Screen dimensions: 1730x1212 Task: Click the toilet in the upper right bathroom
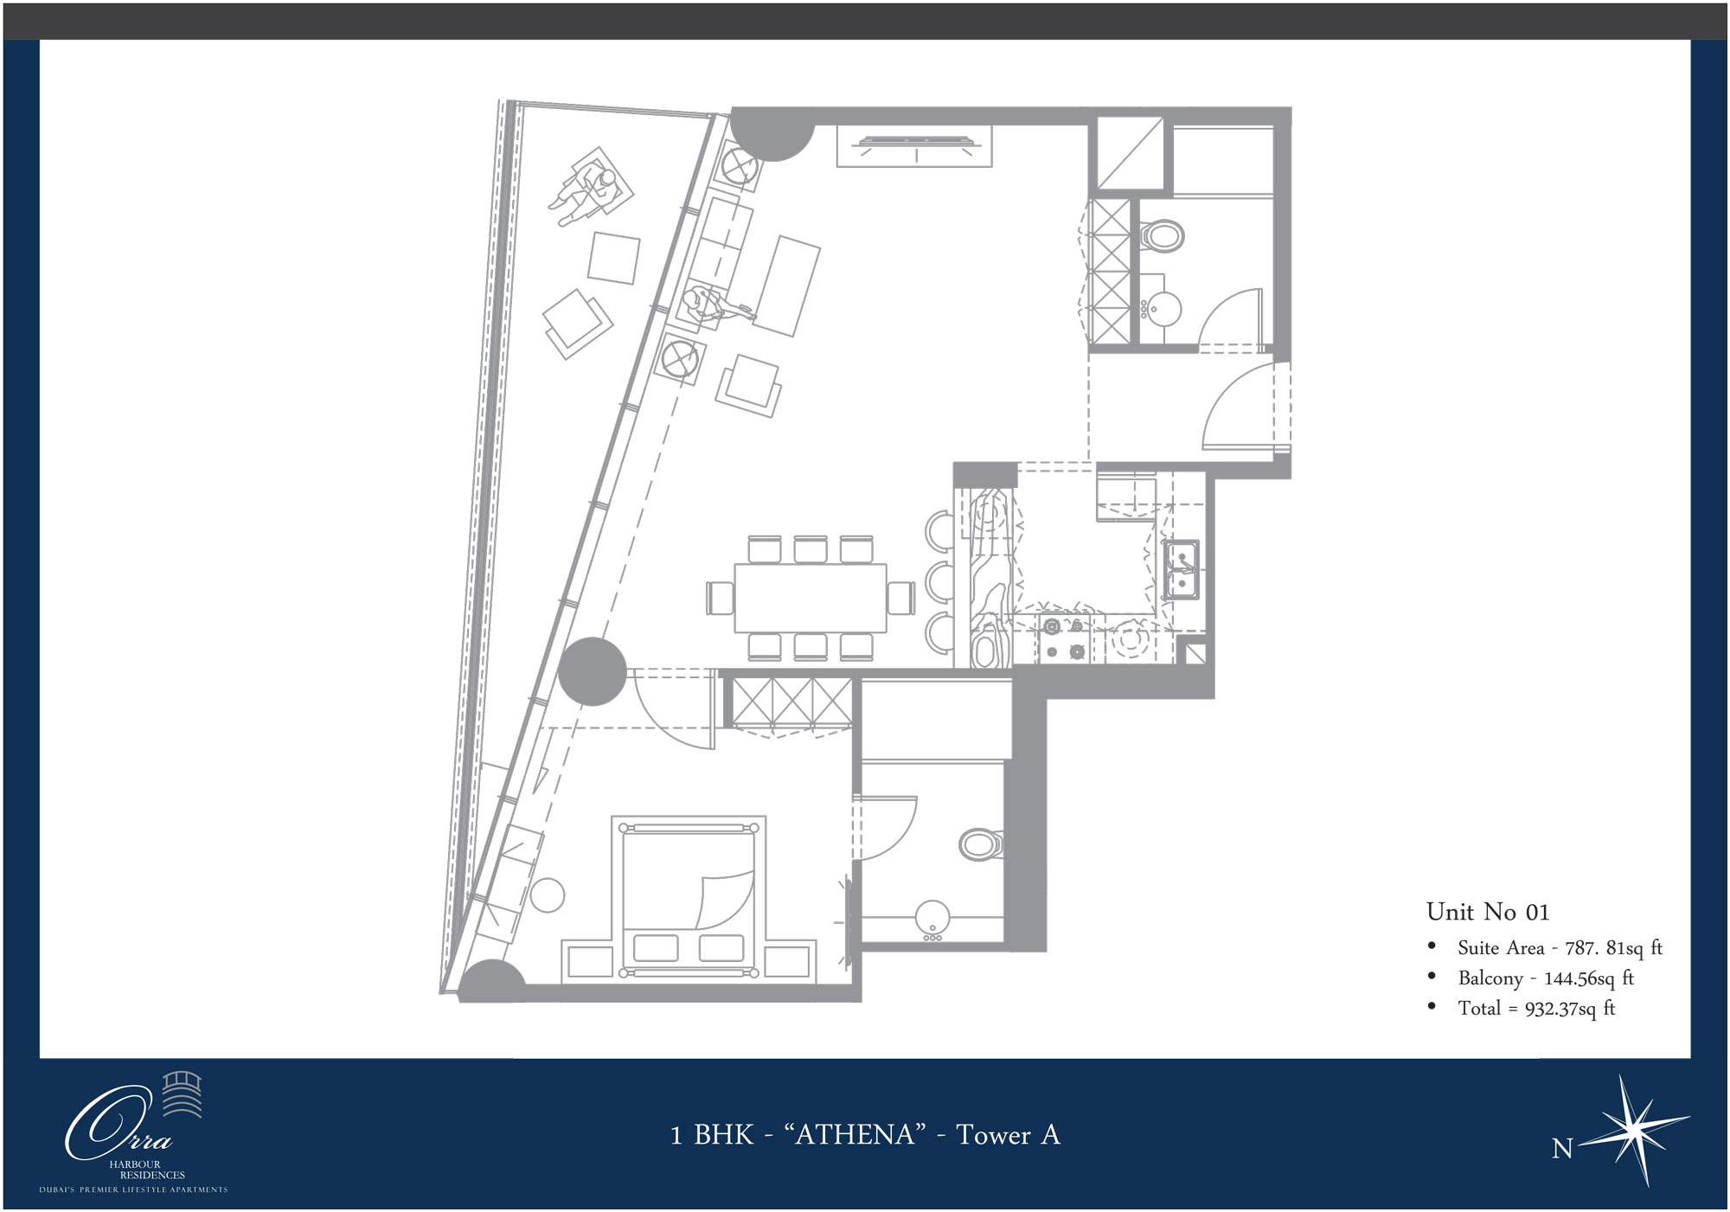coord(1163,234)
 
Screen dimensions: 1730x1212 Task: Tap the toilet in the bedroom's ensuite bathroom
coord(981,843)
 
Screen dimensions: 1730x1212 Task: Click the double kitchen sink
coord(1180,570)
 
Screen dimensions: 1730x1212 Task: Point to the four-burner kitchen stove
coord(1065,638)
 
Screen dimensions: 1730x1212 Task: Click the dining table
coord(811,598)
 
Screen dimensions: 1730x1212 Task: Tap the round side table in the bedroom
coord(548,895)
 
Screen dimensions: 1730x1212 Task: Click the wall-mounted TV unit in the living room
coord(914,145)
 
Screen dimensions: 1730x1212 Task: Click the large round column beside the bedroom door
coord(592,671)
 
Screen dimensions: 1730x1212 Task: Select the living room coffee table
coord(786,285)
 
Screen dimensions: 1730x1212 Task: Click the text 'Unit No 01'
coord(1488,912)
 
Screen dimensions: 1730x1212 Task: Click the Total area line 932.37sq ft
coord(1536,1009)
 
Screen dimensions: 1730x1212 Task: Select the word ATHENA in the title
coord(855,1134)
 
